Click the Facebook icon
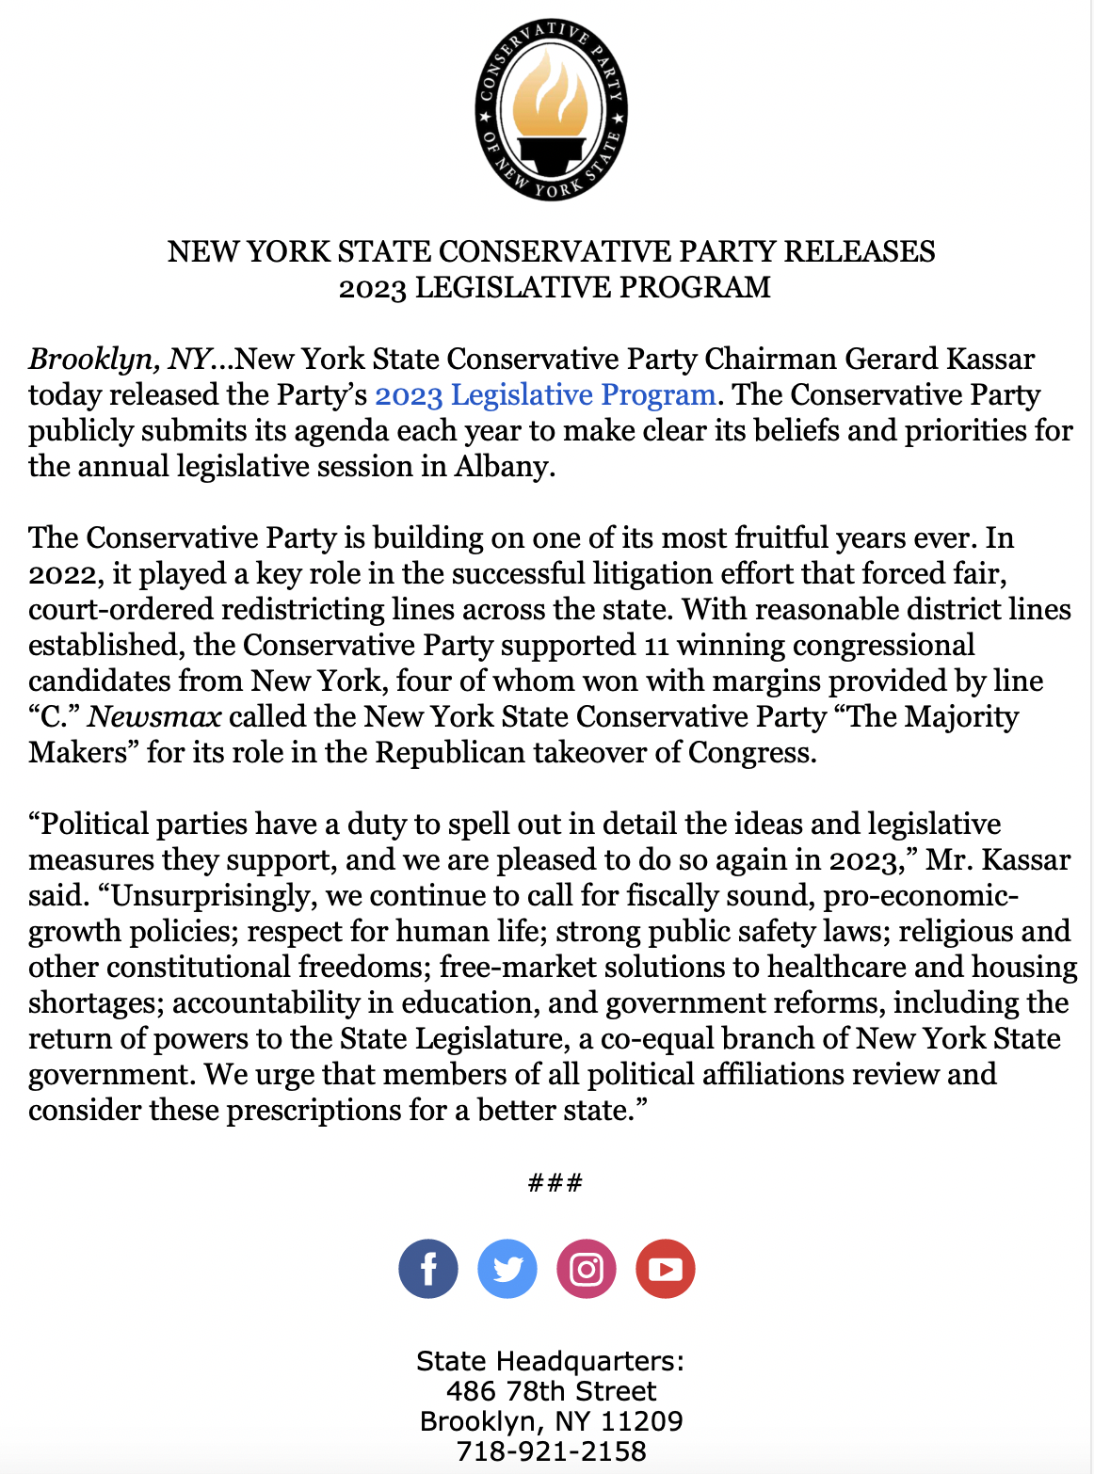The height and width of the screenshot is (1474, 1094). coord(428,1269)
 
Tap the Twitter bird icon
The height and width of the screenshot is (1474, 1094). coord(507,1269)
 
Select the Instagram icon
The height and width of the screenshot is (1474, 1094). coord(587,1269)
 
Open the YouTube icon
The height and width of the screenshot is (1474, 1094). coord(666,1269)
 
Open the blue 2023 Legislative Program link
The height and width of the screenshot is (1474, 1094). coord(545,394)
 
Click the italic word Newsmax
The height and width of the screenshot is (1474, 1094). coord(154,716)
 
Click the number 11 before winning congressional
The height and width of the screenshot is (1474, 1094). coord(657,645)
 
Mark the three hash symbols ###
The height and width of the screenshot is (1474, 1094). coord(555,1182)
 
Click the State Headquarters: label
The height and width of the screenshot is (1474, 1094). coord(551,1361)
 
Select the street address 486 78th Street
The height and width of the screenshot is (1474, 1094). coord(551,1391)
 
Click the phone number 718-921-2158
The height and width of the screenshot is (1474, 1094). coord(551,1451)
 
